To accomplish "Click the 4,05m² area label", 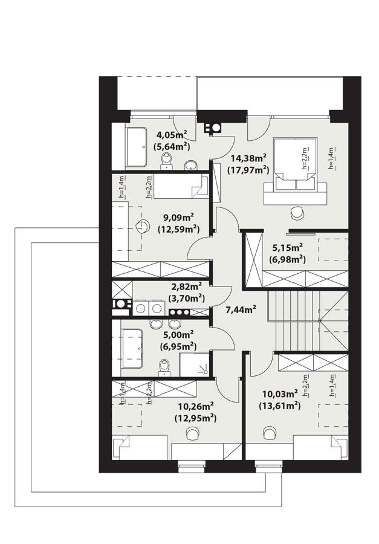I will pyautogui.click(x=172, y=135).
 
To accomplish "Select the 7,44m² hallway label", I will pyautogui.click(x=241, y=309).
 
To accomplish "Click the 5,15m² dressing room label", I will pyautogui.click(x=287, y=248).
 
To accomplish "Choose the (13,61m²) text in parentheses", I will pyautogui.click(x=280, y=406).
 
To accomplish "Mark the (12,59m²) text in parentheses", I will pyautogui.click(x=179, y=229).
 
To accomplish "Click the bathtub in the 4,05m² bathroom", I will pyautogui.click(x=135, y=146).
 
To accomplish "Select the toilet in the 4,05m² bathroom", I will pyautogui.click(x=167, y=161).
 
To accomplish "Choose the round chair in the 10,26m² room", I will pyautogui.click(x=193, y=432).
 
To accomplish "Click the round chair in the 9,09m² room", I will pyautogui.click(x=143, y=226).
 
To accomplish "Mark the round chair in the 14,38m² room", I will pyautogui.click(x=297, y=213).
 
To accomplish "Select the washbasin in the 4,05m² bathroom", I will pyautogui.click(x=190, y=164).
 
